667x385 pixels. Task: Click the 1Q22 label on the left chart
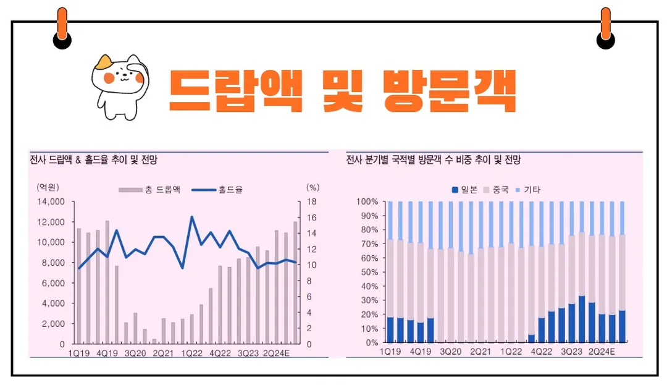(x=191, y=353)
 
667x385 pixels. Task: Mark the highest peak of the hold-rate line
(x=191, y=217)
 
